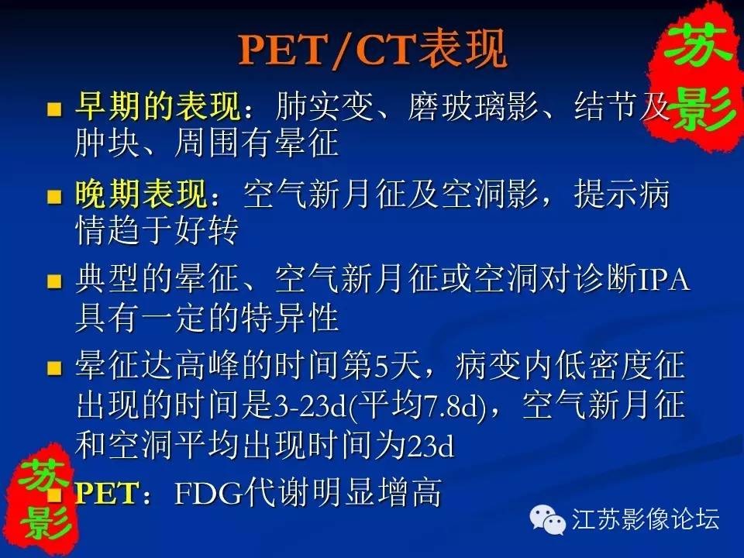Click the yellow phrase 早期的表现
coord(158,106)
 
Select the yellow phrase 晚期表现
coord(141,194)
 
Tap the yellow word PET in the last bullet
coord(107,493)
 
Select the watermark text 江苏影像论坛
coord(646,518)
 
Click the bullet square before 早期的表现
coord(54,108)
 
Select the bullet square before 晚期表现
coord(54,196)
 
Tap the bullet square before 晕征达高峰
coord(54,367)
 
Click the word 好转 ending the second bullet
coord(206,232)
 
